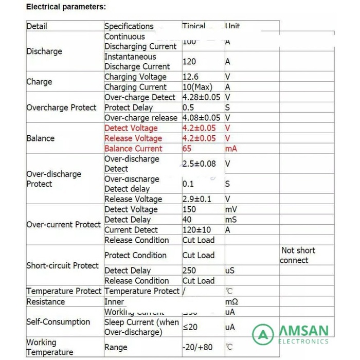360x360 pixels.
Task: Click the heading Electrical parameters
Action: [66, 7]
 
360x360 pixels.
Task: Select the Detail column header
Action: [37, 26]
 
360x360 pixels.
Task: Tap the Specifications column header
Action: [129, 26]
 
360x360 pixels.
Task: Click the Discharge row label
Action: [44, 51]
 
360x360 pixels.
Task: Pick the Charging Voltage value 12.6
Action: [190, 77]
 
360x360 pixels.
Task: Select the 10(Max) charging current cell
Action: [197, 87]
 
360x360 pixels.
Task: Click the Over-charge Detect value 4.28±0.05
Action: [202, 97]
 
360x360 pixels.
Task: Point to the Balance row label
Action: [40, 138]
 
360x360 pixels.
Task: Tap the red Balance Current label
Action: [133, 149]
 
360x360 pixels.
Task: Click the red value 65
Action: [187, 149]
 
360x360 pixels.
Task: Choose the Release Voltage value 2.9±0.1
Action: [197, 199]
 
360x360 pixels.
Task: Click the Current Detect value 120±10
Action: [196, 230]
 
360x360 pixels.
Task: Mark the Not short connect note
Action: [297, 255]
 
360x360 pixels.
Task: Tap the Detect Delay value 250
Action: [189, 271]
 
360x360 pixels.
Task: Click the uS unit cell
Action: [230, 271]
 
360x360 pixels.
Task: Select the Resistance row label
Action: [46, 302]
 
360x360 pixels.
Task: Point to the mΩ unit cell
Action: [231, 302]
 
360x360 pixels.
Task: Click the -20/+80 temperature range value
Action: [197, 347]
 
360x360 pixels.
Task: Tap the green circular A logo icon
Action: [263, 335]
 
